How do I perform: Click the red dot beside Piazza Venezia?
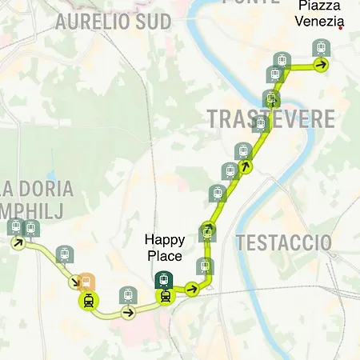342,28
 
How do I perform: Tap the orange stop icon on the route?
88,282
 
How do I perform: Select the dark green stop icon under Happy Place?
164,279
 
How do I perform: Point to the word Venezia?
320,21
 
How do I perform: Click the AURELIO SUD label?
113,22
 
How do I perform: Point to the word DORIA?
47,190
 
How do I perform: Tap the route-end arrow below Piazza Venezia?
321,66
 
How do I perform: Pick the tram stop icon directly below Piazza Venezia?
321,48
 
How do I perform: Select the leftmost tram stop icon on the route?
15,228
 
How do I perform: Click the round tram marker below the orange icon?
87,302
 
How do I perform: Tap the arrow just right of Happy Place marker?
191,288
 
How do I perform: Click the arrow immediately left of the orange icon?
74,282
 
